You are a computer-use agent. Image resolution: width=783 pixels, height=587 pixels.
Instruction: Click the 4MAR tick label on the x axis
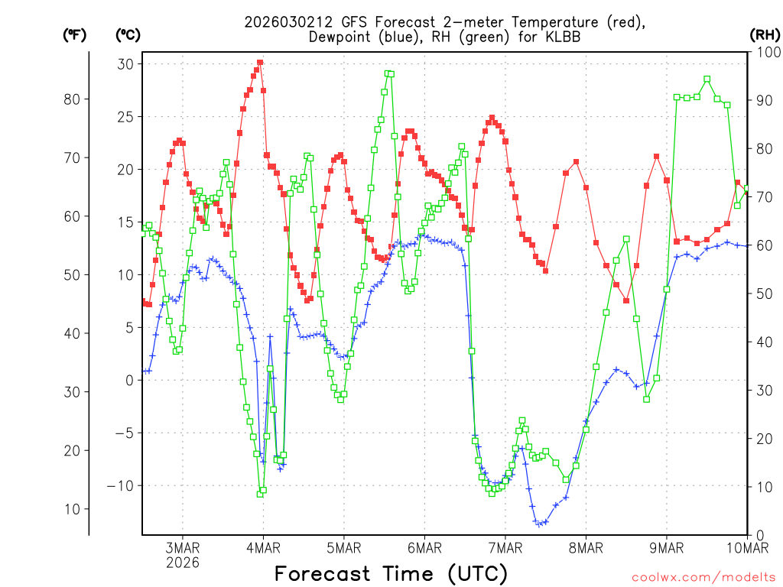pyautogui.click(x=263, y=547)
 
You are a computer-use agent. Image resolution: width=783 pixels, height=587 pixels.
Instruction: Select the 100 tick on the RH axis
pyautogui.click(x=766, y=52)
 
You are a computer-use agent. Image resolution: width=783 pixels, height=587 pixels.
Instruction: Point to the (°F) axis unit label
pyautogui.click(x=74, y=34)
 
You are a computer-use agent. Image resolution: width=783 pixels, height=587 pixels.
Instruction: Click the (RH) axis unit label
pyautogui.click(x=765, y=34)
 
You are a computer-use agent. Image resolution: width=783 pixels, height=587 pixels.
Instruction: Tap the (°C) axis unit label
pyautogui.click(x=127, y=34)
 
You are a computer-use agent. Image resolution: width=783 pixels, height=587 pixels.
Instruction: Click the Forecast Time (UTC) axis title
pyautogui.click(x=391, y=573)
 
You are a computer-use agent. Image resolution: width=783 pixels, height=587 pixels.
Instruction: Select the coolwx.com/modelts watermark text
pyautogui.click(x=703, y=577)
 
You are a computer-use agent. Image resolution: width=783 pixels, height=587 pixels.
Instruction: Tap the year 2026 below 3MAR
pyautogui.click(x=182, y=563)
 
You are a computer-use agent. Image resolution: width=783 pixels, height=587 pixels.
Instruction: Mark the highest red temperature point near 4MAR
pyautogui.click(x=260, y=63)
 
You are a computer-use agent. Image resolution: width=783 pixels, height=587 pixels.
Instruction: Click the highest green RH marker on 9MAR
pyautogui.click(x=707, y=79)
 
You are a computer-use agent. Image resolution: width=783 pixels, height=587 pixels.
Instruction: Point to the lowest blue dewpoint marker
pyautogui.click(x=538, y=524)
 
